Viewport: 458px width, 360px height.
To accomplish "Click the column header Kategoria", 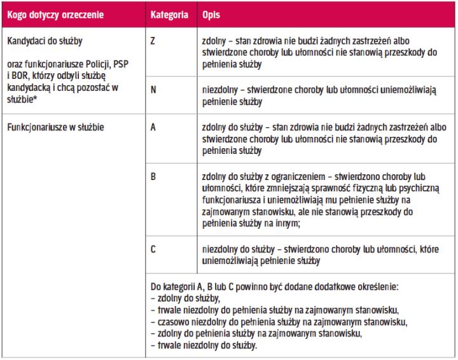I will pos(169,13).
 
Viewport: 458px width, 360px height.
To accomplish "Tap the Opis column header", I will pos(211,13).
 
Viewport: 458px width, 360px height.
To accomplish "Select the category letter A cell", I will pos(153,127).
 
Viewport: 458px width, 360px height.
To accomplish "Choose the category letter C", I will pos(153,249).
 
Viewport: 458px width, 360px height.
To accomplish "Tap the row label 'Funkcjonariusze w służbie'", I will pos(56,127).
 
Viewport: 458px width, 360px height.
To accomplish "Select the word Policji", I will pos(95,67).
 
